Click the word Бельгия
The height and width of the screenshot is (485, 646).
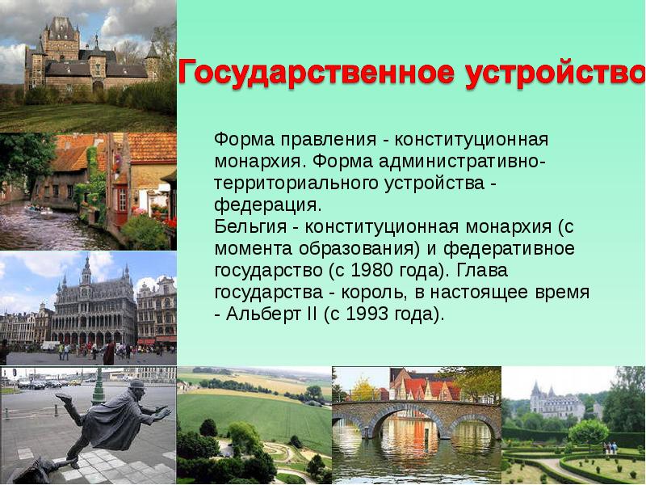(x=244, y=227)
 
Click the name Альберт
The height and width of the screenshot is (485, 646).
(x=260, y=314)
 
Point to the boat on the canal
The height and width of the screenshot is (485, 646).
(x=35, y=209)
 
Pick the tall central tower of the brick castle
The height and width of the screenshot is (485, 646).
(x=61, y=36)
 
